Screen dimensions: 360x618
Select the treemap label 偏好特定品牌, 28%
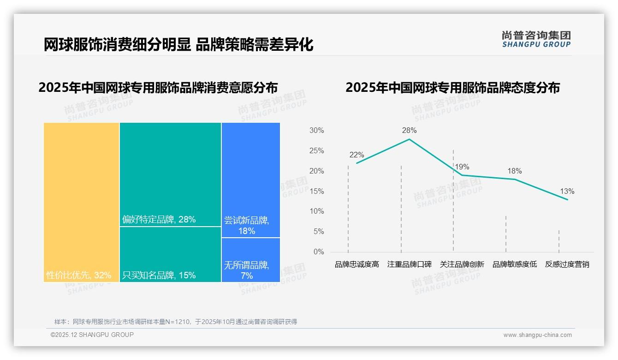pos(159,220)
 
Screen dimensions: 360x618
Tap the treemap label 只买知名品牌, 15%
pos(159,276)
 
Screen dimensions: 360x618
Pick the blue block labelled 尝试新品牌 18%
pos(250,180)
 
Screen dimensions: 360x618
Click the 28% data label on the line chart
pos(409,131)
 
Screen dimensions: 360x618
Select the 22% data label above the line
pos(357,155)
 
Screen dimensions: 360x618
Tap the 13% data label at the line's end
pos(567,192)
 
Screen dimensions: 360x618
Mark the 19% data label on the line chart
pos(462,167)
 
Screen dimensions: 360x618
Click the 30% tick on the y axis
pos(316,131)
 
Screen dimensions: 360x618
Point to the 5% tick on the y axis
pos(318,232)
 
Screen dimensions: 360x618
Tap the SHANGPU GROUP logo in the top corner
pos(536,39)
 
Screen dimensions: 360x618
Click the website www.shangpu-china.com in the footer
pos(537,335)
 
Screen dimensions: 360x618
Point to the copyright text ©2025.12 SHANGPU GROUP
pos(92,335)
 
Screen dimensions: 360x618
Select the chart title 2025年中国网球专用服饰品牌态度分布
pos(452,88)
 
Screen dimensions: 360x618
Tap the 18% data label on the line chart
pos(515,171)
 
